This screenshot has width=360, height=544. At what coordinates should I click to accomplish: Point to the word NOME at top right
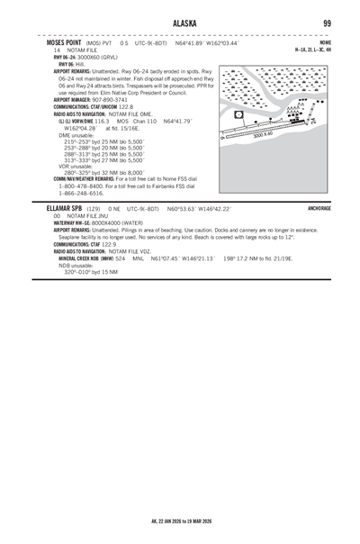coord(325,42)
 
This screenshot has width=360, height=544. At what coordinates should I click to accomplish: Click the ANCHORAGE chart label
coord(319,207)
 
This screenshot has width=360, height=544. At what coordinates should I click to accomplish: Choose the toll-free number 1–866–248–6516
coord(84,193)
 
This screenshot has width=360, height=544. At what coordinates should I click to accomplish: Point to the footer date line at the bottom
coord(180,521)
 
